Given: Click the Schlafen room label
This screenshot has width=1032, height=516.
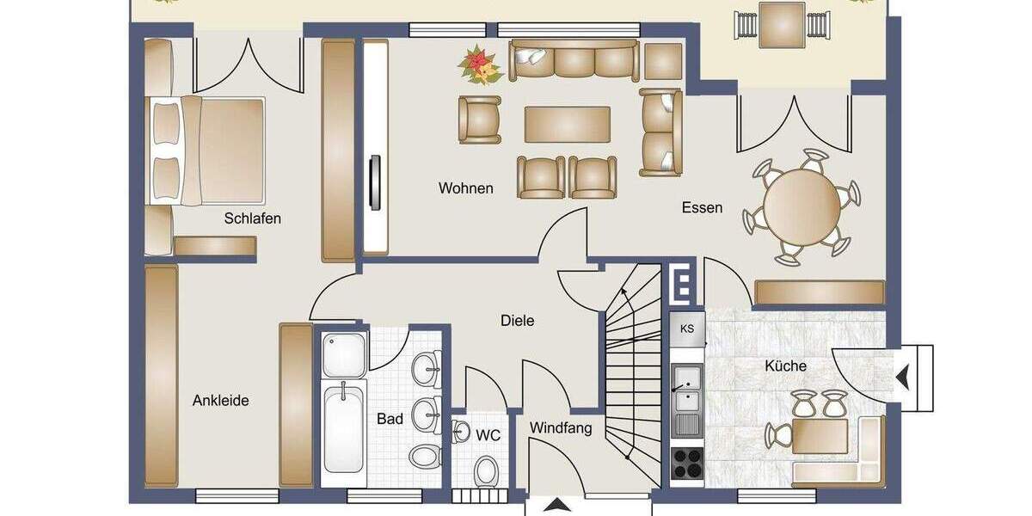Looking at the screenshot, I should (252, 218).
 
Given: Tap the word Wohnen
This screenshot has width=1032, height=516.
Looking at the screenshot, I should (465, 188).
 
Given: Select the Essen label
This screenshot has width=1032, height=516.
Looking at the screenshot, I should (702, 207).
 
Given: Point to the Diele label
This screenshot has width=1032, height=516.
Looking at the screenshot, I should (517, 321).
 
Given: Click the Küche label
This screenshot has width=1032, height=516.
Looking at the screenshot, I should (785, 366).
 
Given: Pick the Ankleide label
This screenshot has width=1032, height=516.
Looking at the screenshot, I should (220, 401).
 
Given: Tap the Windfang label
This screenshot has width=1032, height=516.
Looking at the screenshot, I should (560, 428).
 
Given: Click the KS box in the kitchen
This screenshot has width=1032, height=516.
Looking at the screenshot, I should (687, 329).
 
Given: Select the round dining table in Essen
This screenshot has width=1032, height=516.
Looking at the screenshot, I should (801, 208).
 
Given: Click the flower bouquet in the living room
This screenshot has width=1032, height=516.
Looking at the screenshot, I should (481, 65).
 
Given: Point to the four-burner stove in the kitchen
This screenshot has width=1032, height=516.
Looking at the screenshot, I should (687, 464).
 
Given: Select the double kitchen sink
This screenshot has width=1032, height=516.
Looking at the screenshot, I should (686, 389).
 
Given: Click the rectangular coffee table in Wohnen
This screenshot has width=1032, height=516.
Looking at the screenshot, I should (568, 125).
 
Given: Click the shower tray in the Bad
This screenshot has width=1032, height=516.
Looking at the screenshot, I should (343, 353).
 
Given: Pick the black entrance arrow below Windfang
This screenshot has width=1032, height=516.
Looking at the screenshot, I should (558, 506).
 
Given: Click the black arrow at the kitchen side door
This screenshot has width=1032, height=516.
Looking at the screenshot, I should (903, 376).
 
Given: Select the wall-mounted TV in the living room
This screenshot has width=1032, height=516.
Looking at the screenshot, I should (375, 181).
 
